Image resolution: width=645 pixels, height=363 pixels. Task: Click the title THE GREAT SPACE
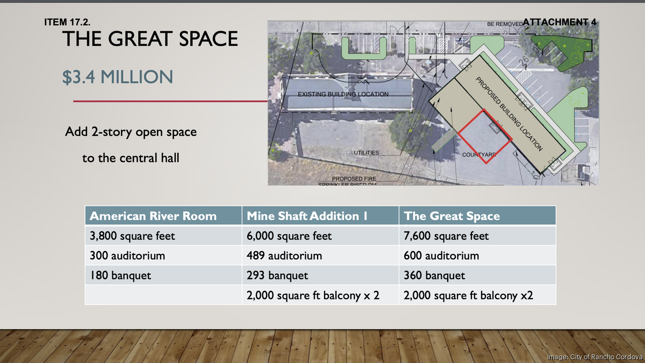tap(150, 39)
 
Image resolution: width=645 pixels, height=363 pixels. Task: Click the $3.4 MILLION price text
tap(117, 77)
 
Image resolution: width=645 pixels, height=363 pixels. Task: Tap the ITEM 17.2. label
tap(67, 23)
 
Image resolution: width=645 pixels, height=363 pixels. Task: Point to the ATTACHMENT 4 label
tap(560, 22)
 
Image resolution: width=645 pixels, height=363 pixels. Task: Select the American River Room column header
tap(153, 216)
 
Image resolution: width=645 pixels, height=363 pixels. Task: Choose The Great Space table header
tap(451, 216)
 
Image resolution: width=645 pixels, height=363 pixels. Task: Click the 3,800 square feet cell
tap(132, 236)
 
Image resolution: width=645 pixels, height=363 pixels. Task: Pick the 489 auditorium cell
tap(284, 256)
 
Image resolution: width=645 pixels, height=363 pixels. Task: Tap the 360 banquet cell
tap(434, 276)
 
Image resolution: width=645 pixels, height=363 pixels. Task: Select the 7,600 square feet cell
tap(446, 236)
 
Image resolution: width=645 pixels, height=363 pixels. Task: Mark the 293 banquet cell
tap(277, 276)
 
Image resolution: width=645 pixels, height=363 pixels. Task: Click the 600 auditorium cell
tap(441, 256)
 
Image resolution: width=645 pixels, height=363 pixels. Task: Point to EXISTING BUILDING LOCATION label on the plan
tap(343, 94)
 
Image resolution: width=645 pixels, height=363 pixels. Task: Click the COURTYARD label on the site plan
tap(479, 155)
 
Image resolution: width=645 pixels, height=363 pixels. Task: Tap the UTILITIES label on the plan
tap(366, 153)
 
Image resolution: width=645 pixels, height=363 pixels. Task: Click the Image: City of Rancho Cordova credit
tap(594, 357)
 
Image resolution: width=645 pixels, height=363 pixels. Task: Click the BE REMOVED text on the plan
tap(504, 24)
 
